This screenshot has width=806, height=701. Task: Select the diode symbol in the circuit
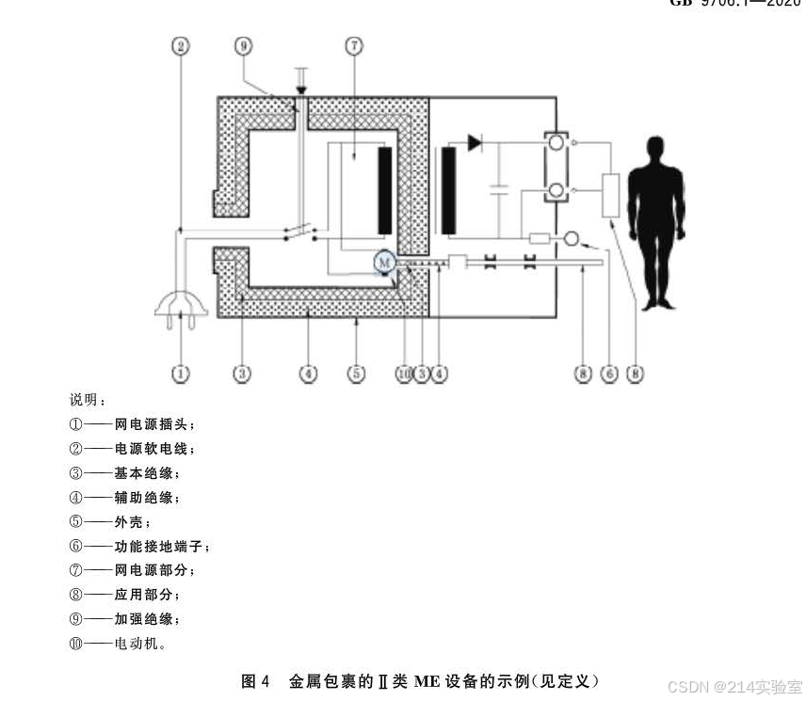coord(475,144)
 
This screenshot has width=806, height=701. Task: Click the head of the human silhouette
coord(655,150)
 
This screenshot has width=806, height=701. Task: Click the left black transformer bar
coord(384,190)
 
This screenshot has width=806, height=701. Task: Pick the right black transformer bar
coord(447,190)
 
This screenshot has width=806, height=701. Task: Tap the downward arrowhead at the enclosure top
coord(301,90)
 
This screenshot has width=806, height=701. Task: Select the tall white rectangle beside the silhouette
coord(610,196)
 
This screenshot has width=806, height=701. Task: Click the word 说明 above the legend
coord(86,399)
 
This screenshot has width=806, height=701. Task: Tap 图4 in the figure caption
coord(256,680)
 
